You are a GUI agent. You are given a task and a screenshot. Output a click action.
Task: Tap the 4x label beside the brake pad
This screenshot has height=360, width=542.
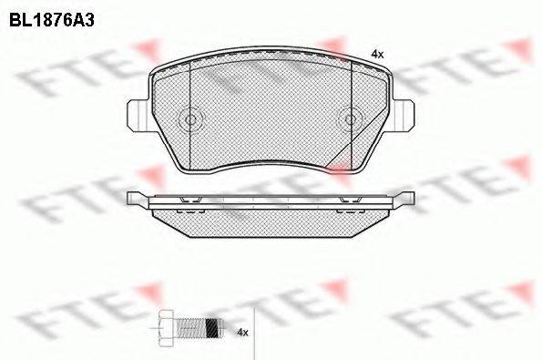[377, 55]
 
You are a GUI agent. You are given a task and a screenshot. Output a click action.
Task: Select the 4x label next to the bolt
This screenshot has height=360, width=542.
[242, 332]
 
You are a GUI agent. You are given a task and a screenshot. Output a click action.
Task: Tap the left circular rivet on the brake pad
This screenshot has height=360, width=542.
[190, 119]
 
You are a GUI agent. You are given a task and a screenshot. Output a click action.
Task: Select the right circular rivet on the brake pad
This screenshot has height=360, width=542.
[350, 119]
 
